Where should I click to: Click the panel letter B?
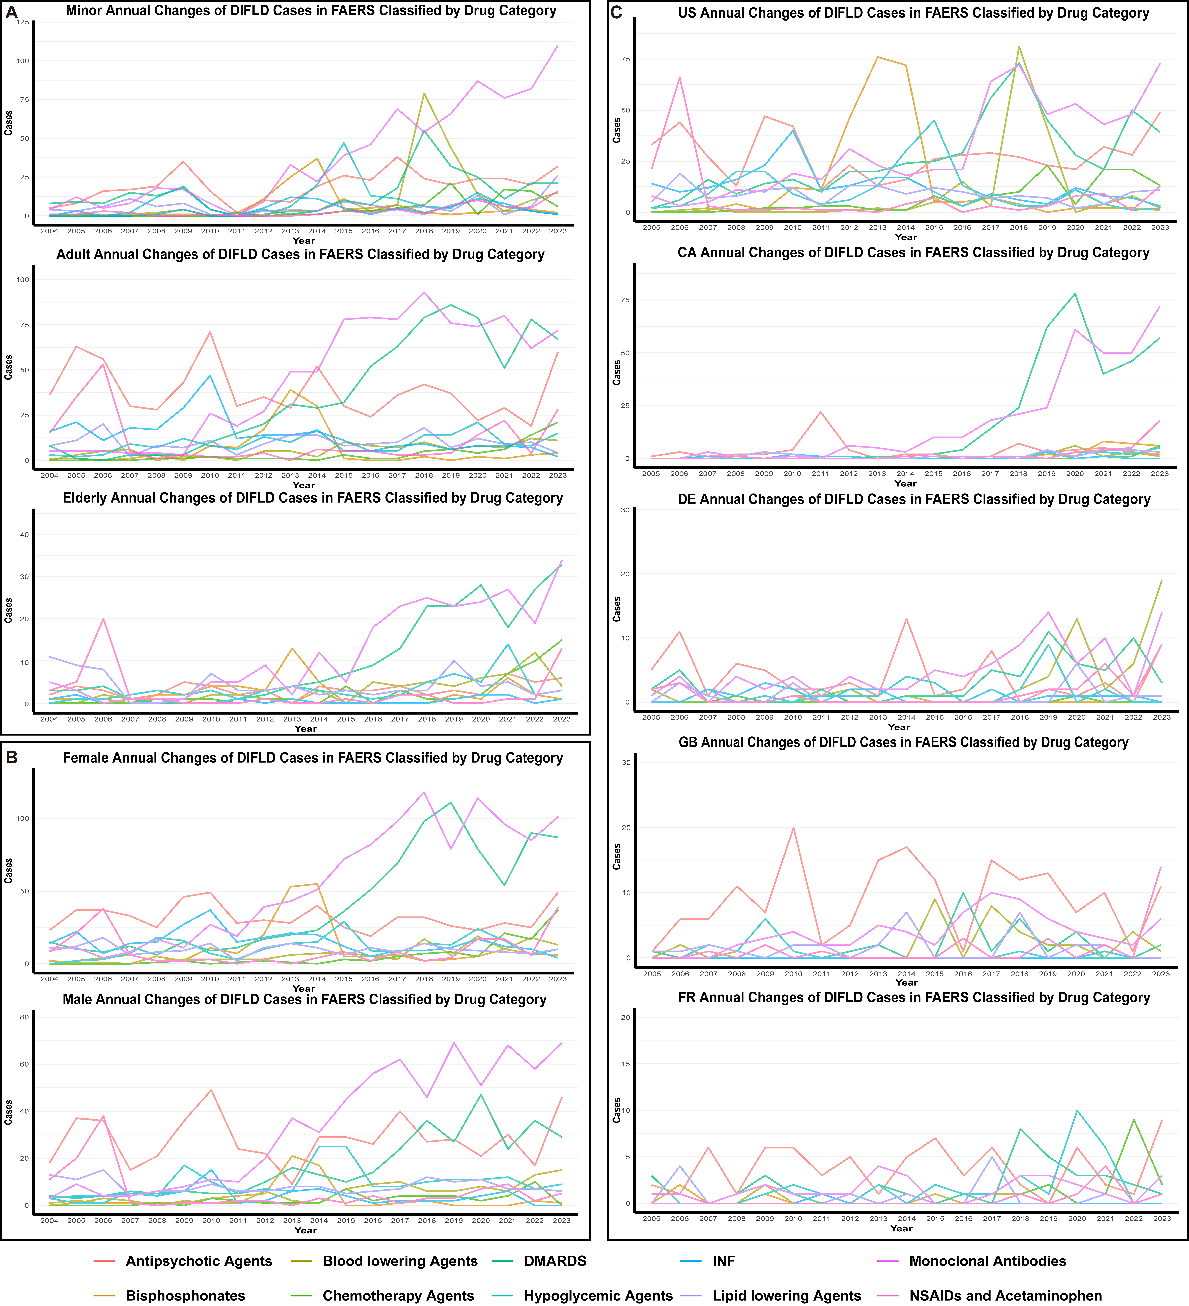click(x=12, y=757)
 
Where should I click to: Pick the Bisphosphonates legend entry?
click(x=185, y=1296)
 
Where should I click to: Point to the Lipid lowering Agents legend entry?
click(x=787, y=1296)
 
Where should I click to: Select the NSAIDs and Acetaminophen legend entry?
click(x=1005, y=1296)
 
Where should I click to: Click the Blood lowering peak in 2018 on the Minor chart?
click(x=424, y=93)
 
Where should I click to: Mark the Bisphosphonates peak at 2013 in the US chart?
click(x=877, y=57)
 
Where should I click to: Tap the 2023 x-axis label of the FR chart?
click(x=1161, y=1219)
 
